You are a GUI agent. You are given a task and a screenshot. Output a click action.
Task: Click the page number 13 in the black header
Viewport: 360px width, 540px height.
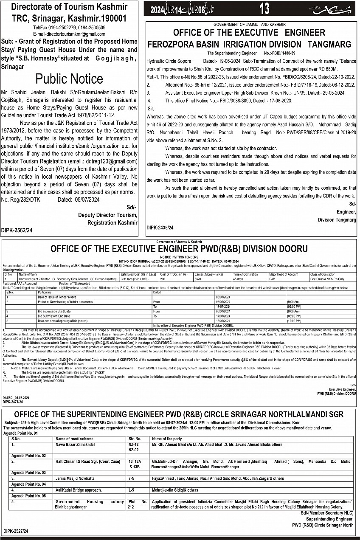(x=264, y=8)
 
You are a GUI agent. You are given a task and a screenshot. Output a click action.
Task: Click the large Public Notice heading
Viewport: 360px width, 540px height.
(x=69, y=79)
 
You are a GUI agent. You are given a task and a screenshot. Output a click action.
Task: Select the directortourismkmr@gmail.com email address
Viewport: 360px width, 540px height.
(x=69, y=34)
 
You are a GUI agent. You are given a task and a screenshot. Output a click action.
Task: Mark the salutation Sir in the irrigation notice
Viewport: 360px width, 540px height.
(x=150, y=109)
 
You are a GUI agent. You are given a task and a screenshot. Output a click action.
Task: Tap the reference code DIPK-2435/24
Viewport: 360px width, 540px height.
(x=160, y=228)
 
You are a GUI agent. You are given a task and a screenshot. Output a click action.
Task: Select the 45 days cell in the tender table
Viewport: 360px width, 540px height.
(x=238, y=279)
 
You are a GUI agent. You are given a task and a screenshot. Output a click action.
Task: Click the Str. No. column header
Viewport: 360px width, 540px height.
(x=135, y=439)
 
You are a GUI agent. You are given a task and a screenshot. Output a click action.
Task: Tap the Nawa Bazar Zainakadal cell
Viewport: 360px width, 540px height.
(x=75, y=444)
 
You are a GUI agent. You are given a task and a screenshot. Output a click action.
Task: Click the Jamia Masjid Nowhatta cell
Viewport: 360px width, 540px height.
(x=75, y=478)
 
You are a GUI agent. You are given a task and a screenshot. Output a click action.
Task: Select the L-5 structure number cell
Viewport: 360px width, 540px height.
(x=132, y=490)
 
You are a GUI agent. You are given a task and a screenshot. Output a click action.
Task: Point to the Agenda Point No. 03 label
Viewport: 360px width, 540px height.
(x=28, y=472)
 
